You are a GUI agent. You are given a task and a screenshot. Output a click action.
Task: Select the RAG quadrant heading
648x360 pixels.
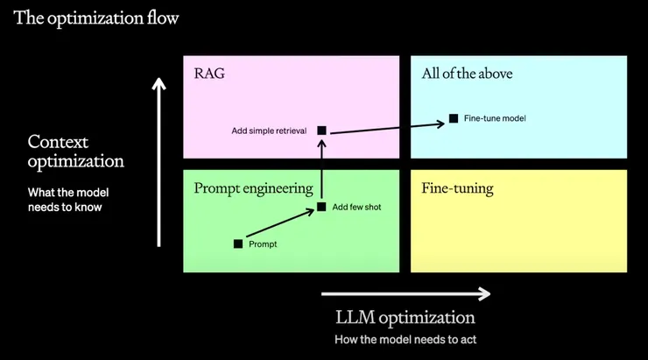pyautogui.click(x=209, y=74)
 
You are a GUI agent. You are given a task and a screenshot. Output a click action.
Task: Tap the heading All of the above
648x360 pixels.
pyautogui.click(x=467, y=74)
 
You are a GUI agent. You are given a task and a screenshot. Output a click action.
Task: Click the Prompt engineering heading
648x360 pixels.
pyautogui.click(x=253, y=187)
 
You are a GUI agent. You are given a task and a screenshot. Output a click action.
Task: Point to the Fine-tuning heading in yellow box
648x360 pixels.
pyautogui.click(x=456, y=187)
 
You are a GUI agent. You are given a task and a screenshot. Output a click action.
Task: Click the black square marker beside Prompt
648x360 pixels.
pyautogui.click(x=238, y=244)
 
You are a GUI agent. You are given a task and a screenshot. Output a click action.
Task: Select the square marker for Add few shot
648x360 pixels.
pyautogui.click(x=322, y=208)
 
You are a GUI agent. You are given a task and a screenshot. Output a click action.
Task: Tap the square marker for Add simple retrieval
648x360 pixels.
pyautogui.click(x=321, y=131)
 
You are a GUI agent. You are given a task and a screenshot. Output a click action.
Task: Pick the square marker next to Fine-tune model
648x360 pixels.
pyautogui.click(x=453, y=118)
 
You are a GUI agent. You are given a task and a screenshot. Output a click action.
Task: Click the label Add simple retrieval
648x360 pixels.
pyautogui.click(x=269, y=131)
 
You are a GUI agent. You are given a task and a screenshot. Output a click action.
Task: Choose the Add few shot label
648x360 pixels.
pyautogui.click(x=356, y=208)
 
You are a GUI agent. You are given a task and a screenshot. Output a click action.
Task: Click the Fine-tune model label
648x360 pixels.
pyautogui.click(x=495, y=118)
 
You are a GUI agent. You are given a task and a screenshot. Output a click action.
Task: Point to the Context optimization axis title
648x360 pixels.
pyautogui.click(x=75, y=152)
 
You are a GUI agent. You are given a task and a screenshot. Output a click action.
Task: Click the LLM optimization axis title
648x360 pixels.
pyautogui.click(x=405, y=317)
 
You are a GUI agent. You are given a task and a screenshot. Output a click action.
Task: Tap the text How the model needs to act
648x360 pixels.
pyautogui.click(x=405, y=339)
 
